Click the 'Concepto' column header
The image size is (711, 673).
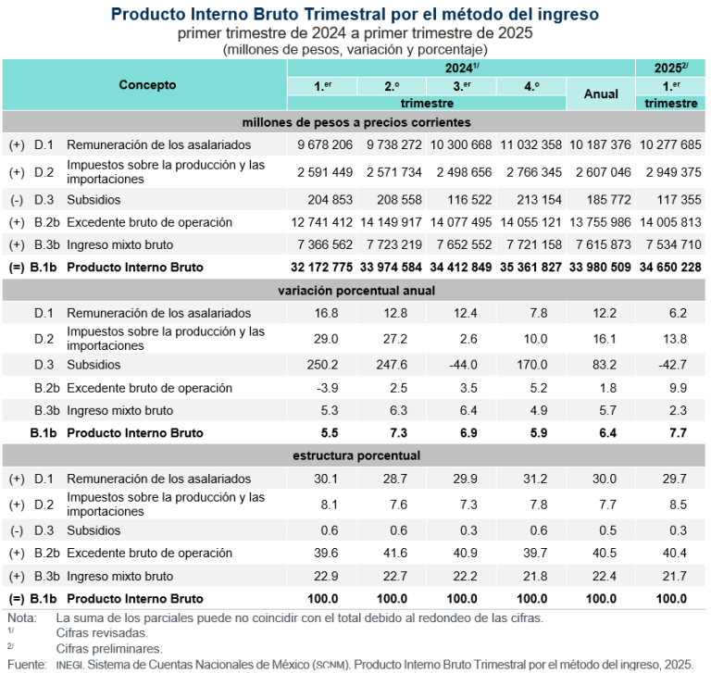pos(146,84)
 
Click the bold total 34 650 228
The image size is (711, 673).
pos(667,267)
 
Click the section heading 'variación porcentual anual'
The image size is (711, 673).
pos(356,290)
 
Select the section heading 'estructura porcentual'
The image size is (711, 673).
pos(356,455)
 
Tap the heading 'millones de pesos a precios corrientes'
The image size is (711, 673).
pos(356,122)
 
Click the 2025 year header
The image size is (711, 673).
pos(670,68)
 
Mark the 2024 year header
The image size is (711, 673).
pos(460,68)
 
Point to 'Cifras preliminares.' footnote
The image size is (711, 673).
pos(108,648)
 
